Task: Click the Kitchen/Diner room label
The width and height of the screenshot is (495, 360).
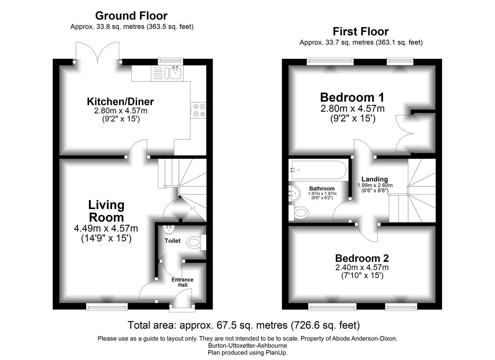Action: [120, 101]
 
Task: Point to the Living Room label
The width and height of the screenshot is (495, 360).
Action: [106, 211]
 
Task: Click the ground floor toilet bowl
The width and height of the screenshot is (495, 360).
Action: [194, 242]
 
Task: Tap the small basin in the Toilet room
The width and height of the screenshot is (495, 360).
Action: [169, 229]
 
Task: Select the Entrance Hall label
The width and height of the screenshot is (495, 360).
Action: [182, 282]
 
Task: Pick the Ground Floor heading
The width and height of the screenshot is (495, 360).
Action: [131, 16]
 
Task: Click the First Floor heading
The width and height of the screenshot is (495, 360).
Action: [361, 32]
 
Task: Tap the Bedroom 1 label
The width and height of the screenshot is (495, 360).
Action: [352, 97]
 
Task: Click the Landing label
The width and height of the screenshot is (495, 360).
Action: [375, 179]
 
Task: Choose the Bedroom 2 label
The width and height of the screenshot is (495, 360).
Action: [362, 258]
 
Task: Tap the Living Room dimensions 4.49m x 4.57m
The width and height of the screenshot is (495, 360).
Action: [106, 228]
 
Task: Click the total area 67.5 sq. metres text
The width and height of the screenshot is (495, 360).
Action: [244, 325]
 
